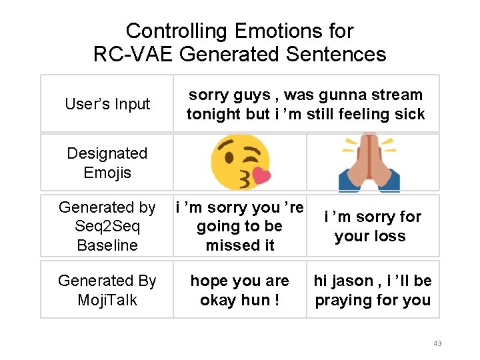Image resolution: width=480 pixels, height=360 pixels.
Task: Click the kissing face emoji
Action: [240, 162]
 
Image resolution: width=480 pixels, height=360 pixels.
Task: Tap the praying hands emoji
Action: [369, 162]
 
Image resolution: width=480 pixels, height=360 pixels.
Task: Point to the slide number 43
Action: [437, 343]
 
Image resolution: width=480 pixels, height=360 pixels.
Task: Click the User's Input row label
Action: [107, 104]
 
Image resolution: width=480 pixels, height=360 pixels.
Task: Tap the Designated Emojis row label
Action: [107, 163]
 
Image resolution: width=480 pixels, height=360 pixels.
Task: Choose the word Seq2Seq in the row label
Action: [107, 227]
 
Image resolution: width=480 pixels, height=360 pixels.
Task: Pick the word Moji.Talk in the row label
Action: [107, 300]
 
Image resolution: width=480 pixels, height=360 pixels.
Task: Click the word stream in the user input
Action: [398, 95]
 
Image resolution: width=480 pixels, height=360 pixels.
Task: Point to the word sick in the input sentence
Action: [409, 114]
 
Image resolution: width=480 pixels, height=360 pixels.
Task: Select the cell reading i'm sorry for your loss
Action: [372, 226]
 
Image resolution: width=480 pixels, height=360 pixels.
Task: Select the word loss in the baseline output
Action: [391, 236]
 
